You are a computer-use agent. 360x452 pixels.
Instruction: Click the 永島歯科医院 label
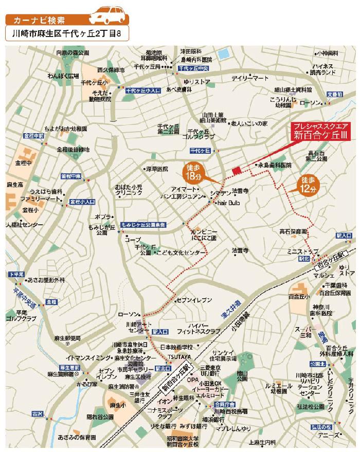click(x=275, y=165)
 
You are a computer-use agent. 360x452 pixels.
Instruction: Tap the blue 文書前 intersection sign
click(x=335, y=95)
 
